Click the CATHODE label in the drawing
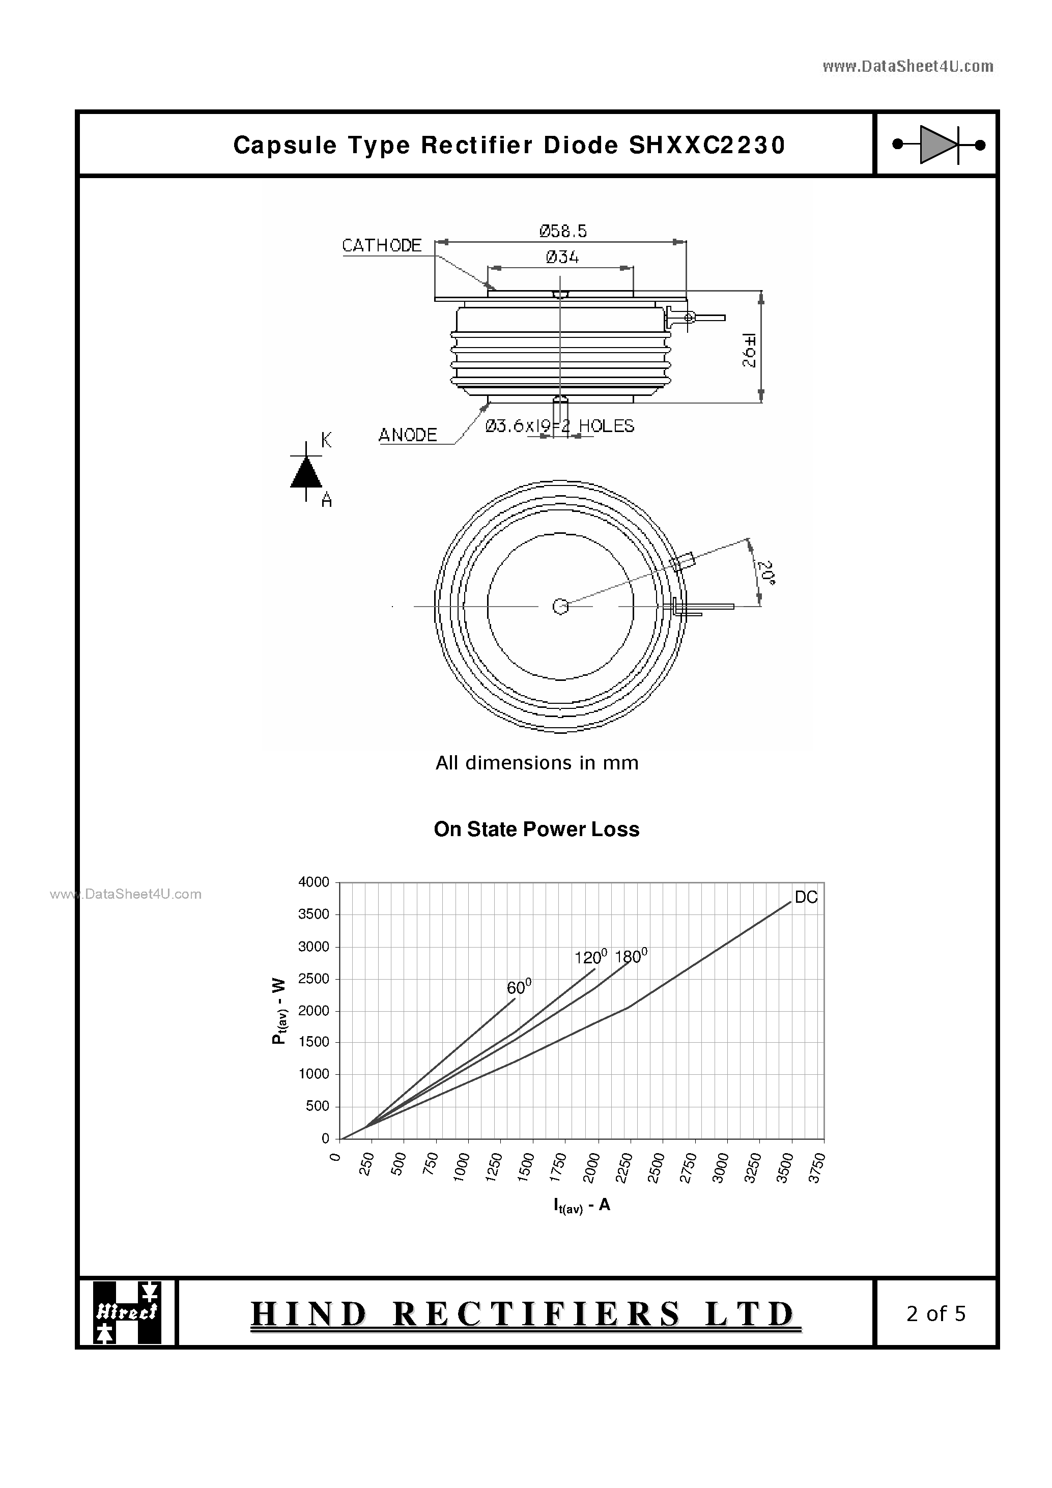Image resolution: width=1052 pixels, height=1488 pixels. pyautogui.click(x=382, y=246)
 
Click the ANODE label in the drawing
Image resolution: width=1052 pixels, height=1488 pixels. pyautogui.click(x=408, y=435)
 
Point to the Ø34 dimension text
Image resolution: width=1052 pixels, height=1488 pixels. pyautogui.click(x=562, y=257)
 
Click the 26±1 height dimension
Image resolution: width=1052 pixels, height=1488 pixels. pyautogui.click(x=749, y=351)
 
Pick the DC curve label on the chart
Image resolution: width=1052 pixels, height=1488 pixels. pyautogui.click(x=806, y=897)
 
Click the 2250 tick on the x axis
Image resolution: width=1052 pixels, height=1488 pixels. pyautogui.click(x=623, y=1167)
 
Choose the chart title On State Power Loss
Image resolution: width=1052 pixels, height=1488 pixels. pyautogui.click(x=536, y=829)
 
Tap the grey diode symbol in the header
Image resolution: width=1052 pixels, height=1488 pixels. pyautogui.click(x=938, y=145)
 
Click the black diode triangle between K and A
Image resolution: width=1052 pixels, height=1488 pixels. pyautogui.click(x=306, y=472)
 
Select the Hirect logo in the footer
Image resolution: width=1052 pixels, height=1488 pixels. pyautogui.click(x=127, y=1312)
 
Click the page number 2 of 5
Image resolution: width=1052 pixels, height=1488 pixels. pyautogui.click(x=935, y=1313)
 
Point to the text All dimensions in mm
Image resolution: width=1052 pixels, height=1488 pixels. pyautogui.click(x=537, y=763)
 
